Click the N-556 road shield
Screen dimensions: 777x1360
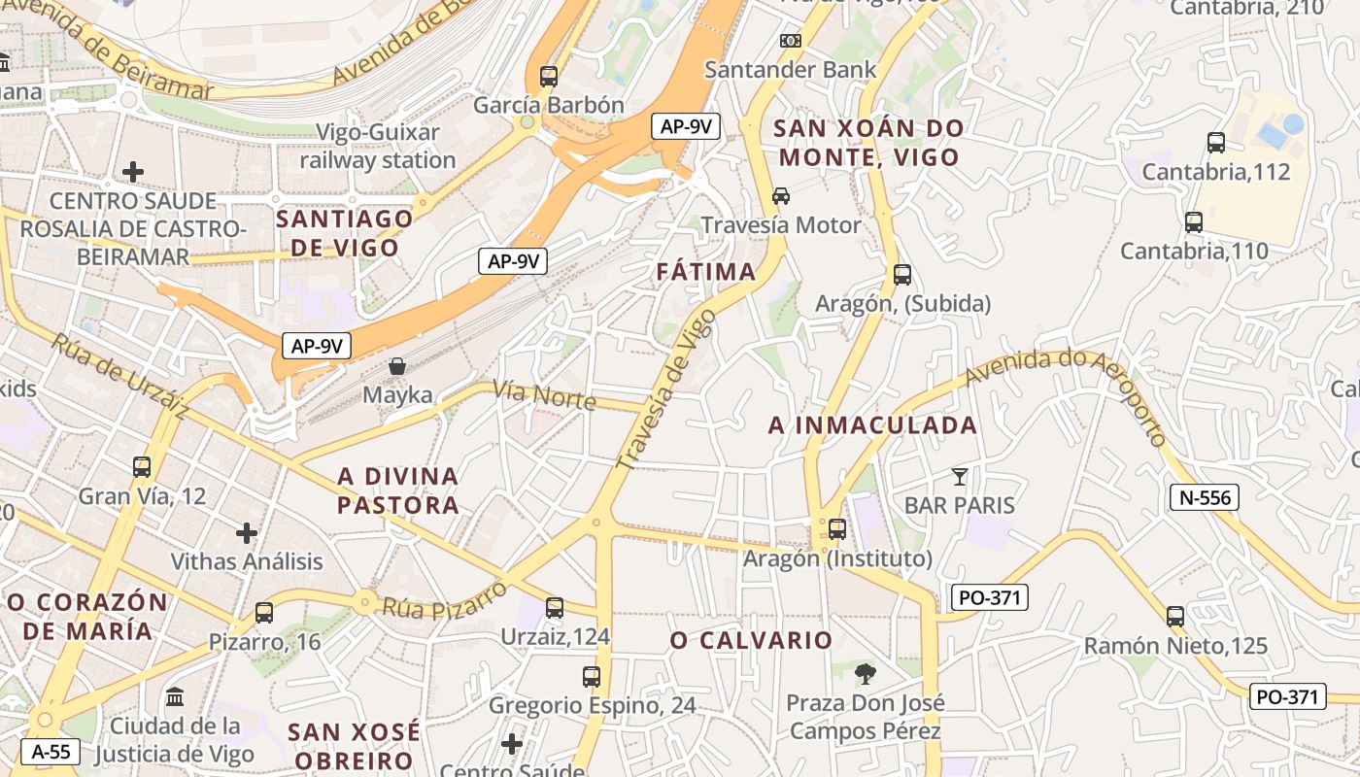tap(1205, 498)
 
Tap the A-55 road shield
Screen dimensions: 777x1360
tap(51, 751)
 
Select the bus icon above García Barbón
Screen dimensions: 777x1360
tap(549, 77)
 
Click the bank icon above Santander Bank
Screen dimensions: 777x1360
tap(791, 41)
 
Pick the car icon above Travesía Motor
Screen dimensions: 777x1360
tap(781, 196)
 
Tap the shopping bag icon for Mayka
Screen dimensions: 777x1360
tap(397, 366)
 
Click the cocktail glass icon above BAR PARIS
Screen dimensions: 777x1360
tap(960, 476)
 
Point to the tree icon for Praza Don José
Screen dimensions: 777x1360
tap(865, 673)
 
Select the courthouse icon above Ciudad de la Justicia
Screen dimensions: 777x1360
tap(175, 697)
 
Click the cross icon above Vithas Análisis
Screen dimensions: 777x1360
tap(247, 532)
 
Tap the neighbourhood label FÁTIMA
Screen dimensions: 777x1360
tap(706, 272)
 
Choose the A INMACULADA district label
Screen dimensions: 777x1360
tap(872, 425)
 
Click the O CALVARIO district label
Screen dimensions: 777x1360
tap(751, 640)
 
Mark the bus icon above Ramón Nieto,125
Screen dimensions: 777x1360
tap(1175, 616)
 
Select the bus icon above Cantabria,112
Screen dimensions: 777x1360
tap(1215, 143)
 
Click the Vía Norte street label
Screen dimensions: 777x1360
tap(544, 393)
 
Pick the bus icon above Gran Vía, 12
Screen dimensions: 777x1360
tap(142, 467)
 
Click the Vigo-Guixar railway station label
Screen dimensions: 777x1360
tap(378, 146)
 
